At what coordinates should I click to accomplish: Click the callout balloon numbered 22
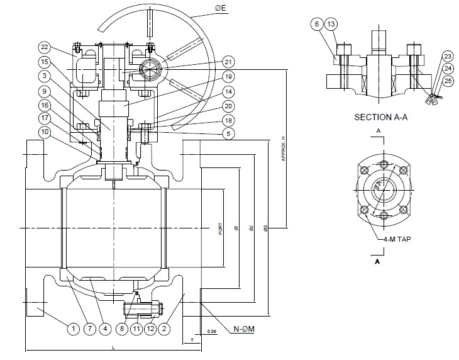pyautogui.click(x=44, y=47)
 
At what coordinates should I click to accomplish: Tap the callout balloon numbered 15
pyautogui.click(x=44, y=62)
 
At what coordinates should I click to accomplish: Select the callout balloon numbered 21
pyautogui.click(x=228, y=62)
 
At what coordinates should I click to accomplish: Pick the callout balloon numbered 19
pyautogui.click(x=228, y=77)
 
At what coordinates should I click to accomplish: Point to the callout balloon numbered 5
pyautogui.click(x=228, y=133)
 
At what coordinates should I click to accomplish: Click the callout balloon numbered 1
pyautogui.click(x=74, y=328)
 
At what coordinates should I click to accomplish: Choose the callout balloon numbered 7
pyautogui.click(x=89, y=328)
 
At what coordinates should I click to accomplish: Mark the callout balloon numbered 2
pyautogui.click(x=165, y=328)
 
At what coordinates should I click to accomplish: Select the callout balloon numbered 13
pyautogui.click(x=332, y=24)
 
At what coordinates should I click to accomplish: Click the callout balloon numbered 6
pyautogui.click(x=316, y=24)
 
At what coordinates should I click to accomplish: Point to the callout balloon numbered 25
pyautogui.click(x=448, y=81)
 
